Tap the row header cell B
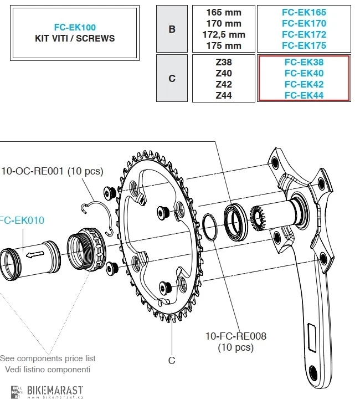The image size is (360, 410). tap(172, 29)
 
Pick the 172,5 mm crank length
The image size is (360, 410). tap(223, 34)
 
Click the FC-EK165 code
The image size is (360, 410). tap(304, 12)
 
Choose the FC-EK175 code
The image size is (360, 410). tap(304, 45)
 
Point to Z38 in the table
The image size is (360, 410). tap(223, 62)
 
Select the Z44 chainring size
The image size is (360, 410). tap(223, 95)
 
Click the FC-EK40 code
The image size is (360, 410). tap(304, 73)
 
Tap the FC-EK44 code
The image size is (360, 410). tap(304, 95)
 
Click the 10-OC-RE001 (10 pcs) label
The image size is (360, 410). tap(52, 171)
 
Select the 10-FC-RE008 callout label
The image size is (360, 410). tap(235, 336)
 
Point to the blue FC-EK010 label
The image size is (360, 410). tap(22, 221)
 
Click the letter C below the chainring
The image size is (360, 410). tap(172, 360)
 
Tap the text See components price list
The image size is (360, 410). tap(48, 358)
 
